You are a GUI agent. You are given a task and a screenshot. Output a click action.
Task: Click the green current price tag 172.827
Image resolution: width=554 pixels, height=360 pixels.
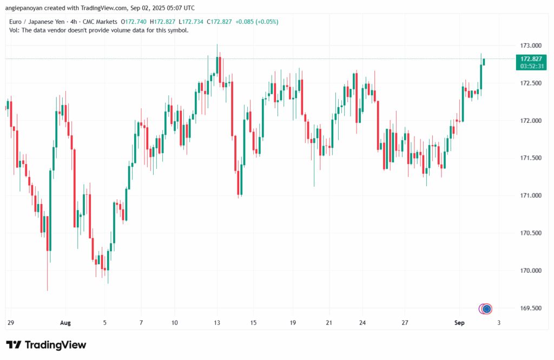(x=531, y=58)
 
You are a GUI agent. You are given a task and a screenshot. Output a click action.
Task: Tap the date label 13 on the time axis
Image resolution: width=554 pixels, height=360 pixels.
(x=217, y=323)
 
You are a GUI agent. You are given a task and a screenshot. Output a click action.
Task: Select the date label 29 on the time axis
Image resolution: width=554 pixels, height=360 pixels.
(x=10, y=323)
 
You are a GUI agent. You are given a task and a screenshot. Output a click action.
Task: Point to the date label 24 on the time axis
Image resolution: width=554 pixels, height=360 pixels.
(x=362, y=323)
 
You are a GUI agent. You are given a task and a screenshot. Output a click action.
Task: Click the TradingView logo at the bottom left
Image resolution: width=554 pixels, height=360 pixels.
(x=46, y=345)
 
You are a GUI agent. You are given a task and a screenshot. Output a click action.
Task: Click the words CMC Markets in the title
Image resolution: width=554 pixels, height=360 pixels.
(x=100, y=21)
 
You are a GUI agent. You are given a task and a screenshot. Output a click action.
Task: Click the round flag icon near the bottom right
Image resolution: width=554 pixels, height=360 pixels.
(x=486, y=309)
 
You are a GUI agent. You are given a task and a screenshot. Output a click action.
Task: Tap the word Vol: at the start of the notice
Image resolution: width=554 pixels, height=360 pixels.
(x=15, y=30)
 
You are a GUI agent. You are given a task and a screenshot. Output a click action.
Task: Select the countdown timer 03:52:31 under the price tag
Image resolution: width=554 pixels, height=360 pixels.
(x=531, y=66)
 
